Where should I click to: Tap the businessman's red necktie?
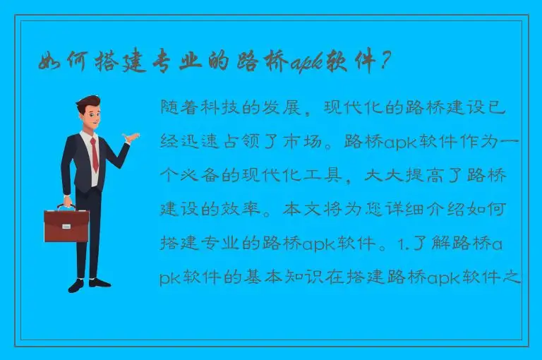coord(95,155)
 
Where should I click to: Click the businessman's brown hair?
coord(89,104)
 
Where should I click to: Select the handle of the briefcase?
coord(66,208)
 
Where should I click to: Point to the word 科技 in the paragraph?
coord(225,109)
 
